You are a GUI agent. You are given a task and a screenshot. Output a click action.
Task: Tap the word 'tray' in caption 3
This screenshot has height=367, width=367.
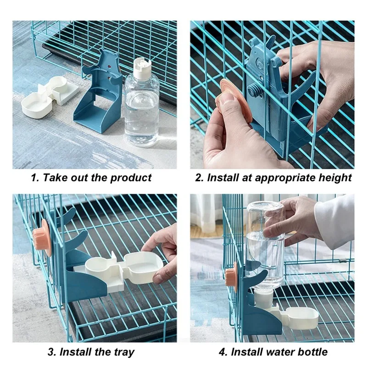click(x=124, y=352)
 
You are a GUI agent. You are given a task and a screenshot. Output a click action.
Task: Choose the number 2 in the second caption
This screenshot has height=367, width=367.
click(x=198, y=178)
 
